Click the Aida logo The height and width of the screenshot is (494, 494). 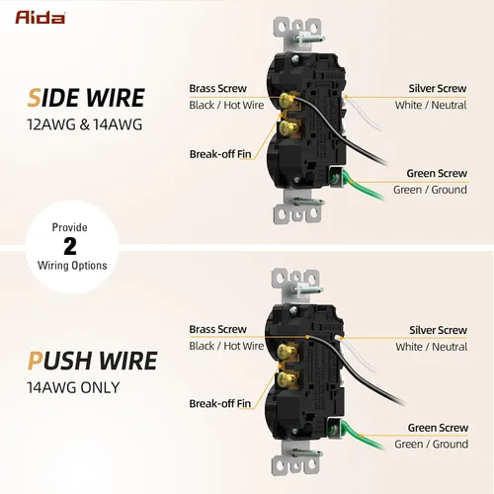tap(40, 18)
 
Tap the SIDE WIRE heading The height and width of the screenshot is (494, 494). tap(86, 98)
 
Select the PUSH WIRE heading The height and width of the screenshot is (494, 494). tap(92, 361)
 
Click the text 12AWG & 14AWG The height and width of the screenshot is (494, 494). tap(85, 124)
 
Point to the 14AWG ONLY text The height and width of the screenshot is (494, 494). tap(73, 387)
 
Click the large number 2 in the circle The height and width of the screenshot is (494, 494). tap(70, 246)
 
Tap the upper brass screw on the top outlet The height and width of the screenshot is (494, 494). tap(287, 101)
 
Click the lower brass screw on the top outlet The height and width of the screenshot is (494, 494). tap(286, 126)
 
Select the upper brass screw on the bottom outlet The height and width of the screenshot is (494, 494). tap(285, 351)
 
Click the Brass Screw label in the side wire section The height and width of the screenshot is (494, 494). tap(217, 88)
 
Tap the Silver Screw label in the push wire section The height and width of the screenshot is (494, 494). tap(438, 330)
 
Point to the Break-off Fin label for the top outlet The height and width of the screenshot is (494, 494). tap(220, 154)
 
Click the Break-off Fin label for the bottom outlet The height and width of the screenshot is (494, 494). tap(220, 403)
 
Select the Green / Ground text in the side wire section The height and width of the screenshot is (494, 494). tap(430, 190)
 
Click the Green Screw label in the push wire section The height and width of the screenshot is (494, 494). tap(438, 428)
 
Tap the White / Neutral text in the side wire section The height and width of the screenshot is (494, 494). tap(431, 105)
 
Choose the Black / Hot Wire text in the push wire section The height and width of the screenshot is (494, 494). tap(226, 346)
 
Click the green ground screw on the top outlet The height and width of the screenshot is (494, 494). tap(335, 178)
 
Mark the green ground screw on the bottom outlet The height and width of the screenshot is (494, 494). tap(334, 429)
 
